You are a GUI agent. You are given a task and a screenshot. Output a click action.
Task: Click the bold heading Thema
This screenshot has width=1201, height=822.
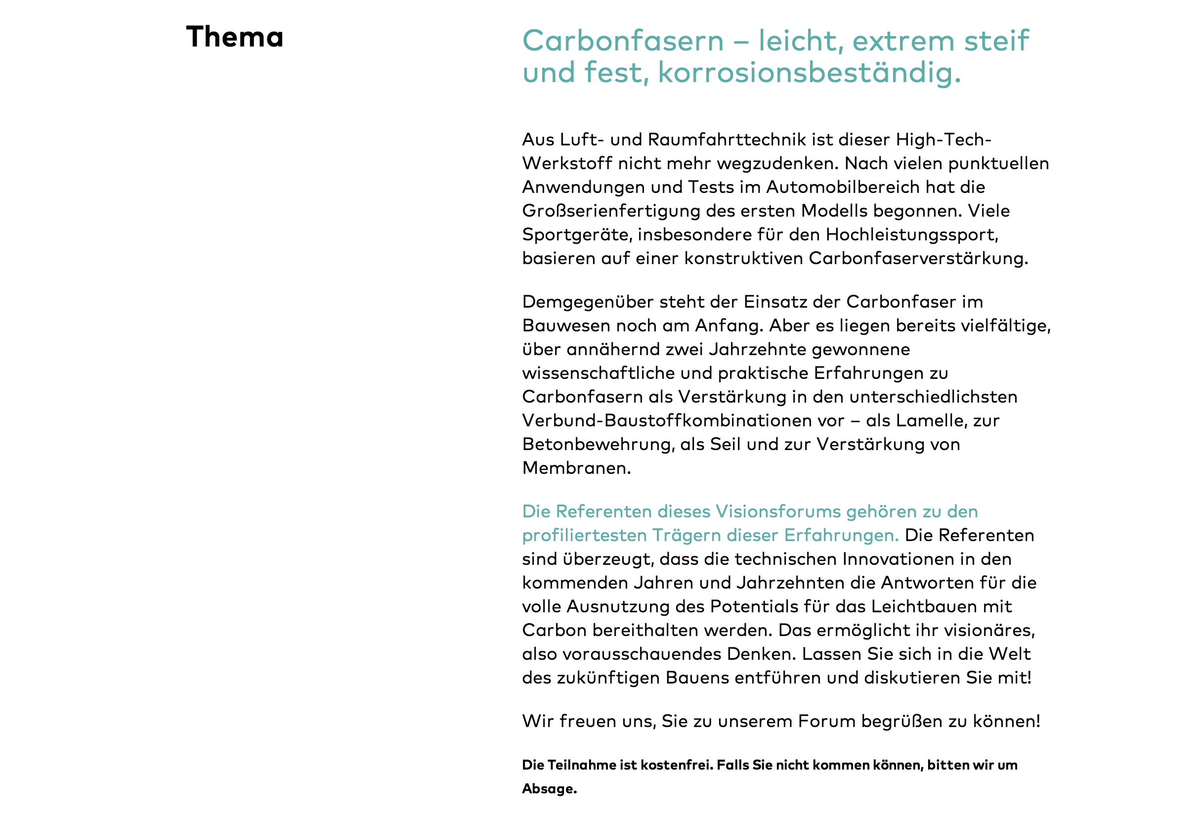pyautogui.click(x=235, y=37)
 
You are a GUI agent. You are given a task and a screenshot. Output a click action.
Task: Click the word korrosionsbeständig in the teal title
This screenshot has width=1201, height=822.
pyautogui.click(x=809, y=72)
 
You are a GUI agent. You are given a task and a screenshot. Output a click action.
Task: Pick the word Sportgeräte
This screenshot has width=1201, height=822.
pyautogui.click(x=577, y=235)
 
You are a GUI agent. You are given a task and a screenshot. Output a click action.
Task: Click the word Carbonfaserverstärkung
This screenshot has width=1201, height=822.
pyautogui.click(x=918, y=259)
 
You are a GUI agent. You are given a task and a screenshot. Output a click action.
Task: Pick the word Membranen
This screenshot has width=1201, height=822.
pyautogui.click(x=576, y=468)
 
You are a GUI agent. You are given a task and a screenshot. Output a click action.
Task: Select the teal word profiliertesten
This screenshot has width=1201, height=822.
pyautogui.click(x=584, y=536)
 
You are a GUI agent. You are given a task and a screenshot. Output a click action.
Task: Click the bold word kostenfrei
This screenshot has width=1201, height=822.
pyautogui.click(x=678, y=765)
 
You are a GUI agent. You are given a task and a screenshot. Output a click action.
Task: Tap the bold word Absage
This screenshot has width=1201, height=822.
pyautogui.click(x=549, y=789)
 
